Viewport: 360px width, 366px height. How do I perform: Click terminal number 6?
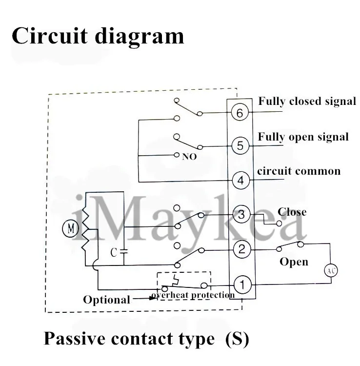tap(240, 113)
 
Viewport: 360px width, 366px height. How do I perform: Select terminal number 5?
tap(240, 145)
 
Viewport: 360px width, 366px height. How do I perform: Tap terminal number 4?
tap(240, 180)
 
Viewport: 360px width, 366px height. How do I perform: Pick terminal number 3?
tap(241, 214)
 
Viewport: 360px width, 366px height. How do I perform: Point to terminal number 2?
tap(241, 249)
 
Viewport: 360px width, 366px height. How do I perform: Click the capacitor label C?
tap(113, 253)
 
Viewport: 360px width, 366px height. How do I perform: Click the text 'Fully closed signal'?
tap(307, 102)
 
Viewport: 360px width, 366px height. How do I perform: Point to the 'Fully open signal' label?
tap(303, 137)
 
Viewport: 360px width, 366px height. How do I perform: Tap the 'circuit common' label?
tap(299, 171)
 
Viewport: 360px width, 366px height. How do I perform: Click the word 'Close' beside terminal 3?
tap(292, 212)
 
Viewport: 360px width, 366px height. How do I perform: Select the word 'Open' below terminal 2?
tap(294, 262)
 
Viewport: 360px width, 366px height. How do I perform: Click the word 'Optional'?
tap(106, 299)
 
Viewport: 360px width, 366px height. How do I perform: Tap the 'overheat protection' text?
tap(193, 295)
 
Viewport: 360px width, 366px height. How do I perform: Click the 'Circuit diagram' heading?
tap(98, 36)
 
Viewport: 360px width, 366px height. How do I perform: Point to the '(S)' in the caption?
tap(237, 338)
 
